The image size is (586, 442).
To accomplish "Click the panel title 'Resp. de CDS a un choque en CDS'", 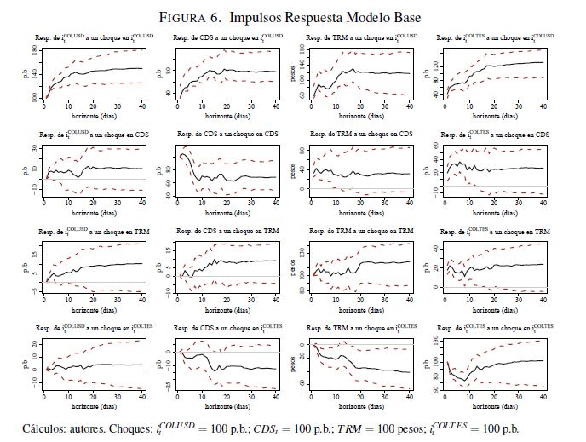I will (x=227, y=135).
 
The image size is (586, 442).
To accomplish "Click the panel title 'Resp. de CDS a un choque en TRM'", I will (x=227, y=232).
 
